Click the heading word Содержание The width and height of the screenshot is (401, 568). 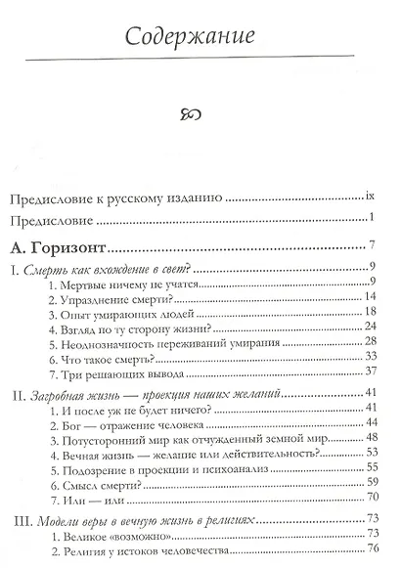[200, 37]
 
